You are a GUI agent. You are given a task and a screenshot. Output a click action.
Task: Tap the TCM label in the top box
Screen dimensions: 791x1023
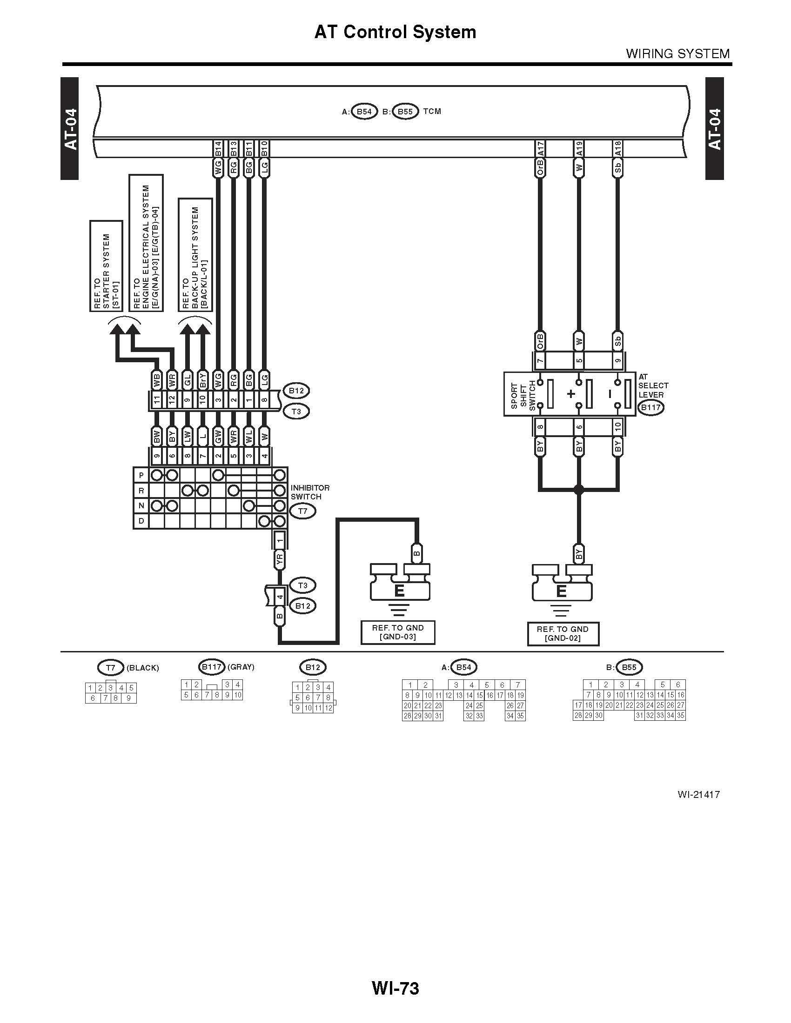click(x=432, y=112)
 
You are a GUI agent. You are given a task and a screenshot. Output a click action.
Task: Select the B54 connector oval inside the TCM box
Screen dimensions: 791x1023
click(x=364, y=112)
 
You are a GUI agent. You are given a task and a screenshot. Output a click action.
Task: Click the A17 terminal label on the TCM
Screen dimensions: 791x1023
click(x=540, y=149)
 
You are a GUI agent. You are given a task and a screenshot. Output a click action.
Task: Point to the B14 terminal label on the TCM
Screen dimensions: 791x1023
click(x=218, y=149)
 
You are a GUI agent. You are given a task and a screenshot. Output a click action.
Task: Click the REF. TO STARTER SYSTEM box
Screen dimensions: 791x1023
click(x=107, y=266)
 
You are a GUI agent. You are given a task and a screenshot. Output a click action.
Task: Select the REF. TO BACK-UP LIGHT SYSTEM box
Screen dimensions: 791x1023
click(x=195, y=254)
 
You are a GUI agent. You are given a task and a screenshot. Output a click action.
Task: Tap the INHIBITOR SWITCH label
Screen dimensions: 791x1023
click(x=310, y=492)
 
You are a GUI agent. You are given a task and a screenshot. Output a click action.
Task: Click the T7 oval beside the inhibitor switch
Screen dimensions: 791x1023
click(x=303, y=511)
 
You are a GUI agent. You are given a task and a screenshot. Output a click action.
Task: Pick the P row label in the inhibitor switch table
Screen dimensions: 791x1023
click(x=141, y=475)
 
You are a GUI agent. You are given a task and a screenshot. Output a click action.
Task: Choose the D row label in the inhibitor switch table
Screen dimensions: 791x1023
click(x=141, y=520)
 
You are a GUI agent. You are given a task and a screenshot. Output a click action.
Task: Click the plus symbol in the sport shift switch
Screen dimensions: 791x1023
click(x=571, y=394)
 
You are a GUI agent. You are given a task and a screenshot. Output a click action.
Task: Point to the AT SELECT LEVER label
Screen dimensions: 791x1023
click(x=653, y=385)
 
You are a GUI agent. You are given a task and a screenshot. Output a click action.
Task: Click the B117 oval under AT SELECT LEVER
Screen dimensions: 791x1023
click(x=650, y=407)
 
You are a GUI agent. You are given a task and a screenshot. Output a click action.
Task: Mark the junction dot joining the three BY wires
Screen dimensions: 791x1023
click(x=579, y=490)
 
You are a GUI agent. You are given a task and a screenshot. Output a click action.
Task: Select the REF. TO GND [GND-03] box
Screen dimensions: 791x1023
click(x=398, y=632)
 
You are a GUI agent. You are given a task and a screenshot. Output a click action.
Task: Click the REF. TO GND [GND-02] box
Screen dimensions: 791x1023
click(x=563, y=634)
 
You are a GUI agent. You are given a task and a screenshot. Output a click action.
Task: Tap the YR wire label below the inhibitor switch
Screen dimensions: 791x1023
click(x=280, y=559)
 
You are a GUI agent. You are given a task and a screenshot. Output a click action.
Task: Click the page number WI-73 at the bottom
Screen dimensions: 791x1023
click(x=395, y=988)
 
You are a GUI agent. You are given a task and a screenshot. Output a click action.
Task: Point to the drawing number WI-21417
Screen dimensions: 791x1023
click(x=698, y=794)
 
